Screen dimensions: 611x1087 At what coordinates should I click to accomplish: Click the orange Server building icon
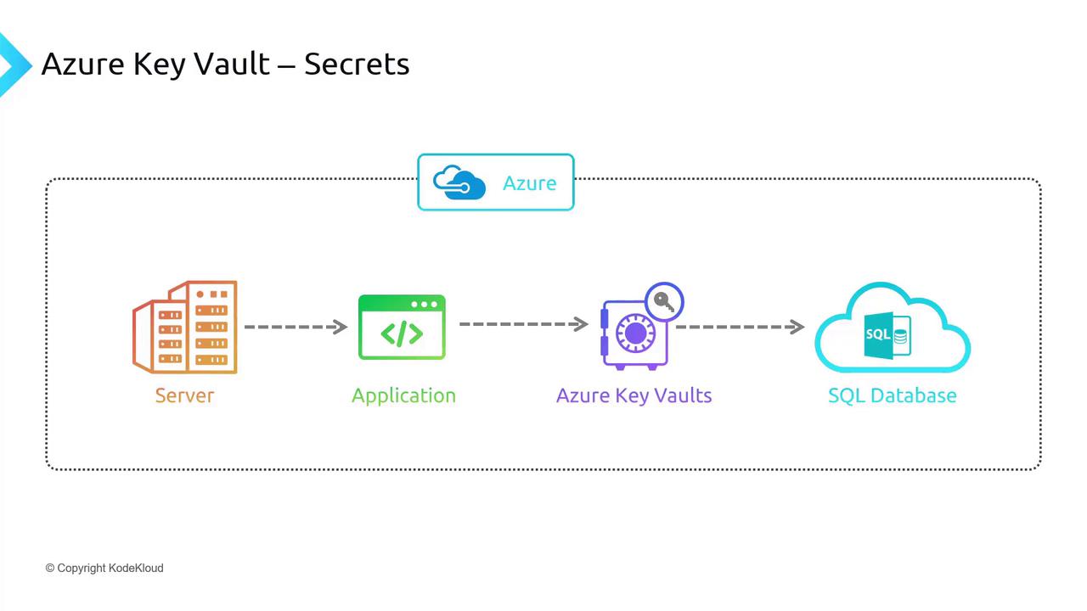[185, 328]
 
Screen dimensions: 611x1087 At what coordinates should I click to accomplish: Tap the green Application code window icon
[402, 328]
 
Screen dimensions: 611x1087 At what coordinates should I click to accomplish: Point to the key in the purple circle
[665, 301]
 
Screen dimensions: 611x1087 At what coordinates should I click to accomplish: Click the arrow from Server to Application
[296, 327]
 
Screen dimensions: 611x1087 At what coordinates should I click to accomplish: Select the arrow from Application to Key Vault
[523, 324]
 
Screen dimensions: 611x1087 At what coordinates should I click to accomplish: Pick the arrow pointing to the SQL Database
[739, 327]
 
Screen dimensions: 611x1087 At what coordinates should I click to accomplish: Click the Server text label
[184, 395]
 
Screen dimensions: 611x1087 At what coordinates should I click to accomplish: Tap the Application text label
[403, 395]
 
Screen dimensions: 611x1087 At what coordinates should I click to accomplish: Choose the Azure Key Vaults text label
[634, 395]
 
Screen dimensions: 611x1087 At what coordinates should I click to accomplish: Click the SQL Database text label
[892, 395]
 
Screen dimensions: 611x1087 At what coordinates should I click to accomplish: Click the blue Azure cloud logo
[459, 182]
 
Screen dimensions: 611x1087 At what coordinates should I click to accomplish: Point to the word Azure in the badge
[529, 183]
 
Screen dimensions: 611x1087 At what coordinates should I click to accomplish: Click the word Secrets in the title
[357, 64]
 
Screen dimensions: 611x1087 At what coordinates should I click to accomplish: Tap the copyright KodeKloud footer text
[104, 568]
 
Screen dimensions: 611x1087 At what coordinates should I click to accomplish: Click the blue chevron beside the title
[12, 64]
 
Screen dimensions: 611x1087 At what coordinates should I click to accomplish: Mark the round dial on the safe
[636, 333]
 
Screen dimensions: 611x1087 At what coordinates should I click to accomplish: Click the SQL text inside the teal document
[878, 334]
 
